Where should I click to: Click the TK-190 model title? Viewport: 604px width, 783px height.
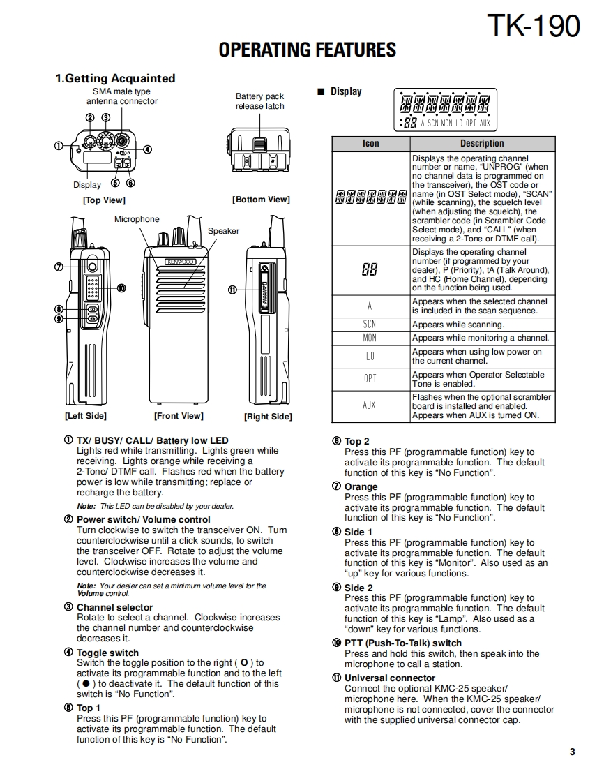[533, 27]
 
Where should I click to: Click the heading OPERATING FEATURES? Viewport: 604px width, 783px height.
[307, 50]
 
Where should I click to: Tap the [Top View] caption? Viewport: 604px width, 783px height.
[104, 200]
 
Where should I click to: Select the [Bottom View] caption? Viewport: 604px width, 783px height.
[260, 200]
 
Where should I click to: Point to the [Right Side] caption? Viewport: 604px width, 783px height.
[268, 417]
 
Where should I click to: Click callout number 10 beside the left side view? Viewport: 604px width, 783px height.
[121, 288]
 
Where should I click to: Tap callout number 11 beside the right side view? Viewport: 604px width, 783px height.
[232, 290]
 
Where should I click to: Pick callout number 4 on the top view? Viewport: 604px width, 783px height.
[147, 149]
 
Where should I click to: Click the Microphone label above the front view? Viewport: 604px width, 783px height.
[137, 219]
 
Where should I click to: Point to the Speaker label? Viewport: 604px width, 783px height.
[223, 231]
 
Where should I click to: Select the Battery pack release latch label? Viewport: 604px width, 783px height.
[259, 101]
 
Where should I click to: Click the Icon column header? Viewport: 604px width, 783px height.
[370, 143]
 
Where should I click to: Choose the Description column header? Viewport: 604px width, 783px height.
[481, 143]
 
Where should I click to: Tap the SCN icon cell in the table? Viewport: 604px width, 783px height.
[370, 324]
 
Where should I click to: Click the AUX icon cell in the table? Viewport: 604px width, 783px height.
[370, 405]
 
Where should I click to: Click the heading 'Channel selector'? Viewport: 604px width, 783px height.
[114, 608]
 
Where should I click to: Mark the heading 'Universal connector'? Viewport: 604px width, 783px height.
[389, 678]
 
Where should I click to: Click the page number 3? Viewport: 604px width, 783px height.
[572, 752]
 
